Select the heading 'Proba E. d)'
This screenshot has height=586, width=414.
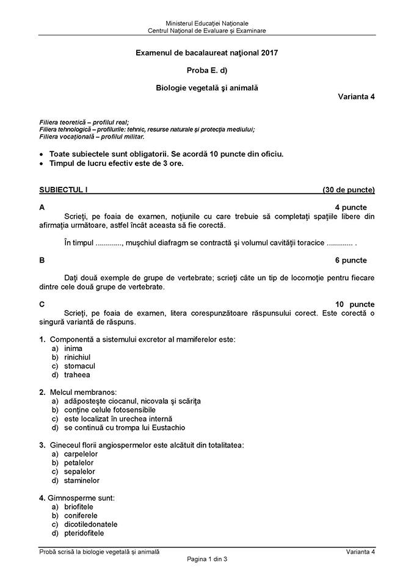click(207, 71)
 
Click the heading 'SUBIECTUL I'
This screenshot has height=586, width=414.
click(64, 190)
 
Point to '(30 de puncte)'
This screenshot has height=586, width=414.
click(349, 190)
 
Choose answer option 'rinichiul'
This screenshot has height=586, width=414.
click(77, 357)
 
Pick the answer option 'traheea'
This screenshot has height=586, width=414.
click(76, 375)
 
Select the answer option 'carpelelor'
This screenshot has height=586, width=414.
click(81, 454)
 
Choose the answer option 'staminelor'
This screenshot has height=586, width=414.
click(82, 480)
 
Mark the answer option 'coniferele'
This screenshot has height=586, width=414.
click(81, 516)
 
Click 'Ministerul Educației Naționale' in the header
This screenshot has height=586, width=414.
click(207, 23)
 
